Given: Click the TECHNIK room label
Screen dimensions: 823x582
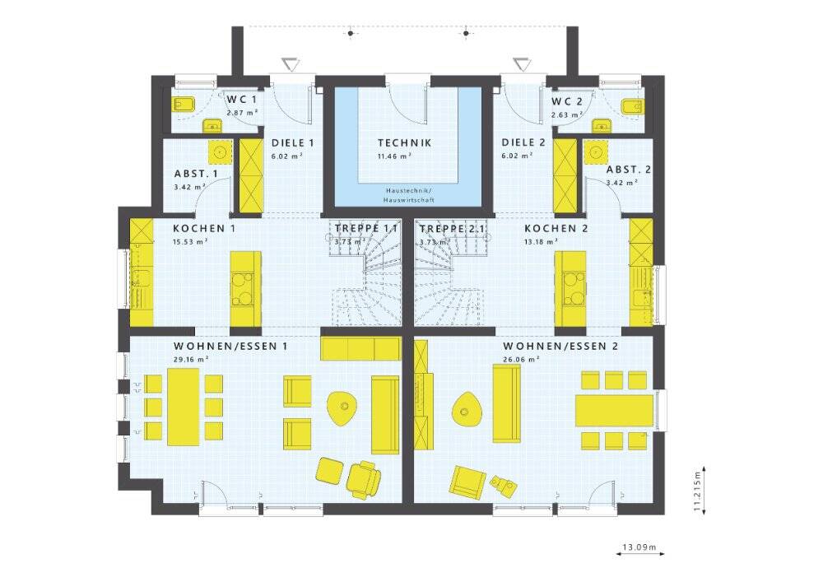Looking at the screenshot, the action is tap(405, 142).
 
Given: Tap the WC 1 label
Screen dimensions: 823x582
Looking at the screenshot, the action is tap(242, 100).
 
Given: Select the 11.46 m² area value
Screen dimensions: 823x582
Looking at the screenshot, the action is tap(393, 156).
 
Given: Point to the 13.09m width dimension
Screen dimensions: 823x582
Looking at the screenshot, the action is tap(639, 547).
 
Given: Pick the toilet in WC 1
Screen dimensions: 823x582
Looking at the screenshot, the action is tap(184, 105).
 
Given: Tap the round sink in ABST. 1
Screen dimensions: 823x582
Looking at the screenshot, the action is tap(221, 152).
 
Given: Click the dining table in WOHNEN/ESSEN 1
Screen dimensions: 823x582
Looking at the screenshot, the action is tap(184, 407).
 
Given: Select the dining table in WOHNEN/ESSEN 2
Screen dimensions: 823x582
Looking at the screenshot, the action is tap(614, 411).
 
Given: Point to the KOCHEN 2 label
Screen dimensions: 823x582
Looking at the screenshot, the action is tap(556, 229).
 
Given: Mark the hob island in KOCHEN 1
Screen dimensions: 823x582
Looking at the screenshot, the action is tap(245, 289).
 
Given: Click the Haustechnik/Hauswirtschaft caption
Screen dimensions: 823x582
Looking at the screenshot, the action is tap(409, 195).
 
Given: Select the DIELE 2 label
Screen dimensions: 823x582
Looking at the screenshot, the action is tap(523, 142).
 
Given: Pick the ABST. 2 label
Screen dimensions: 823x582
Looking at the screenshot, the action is tap(628, 170).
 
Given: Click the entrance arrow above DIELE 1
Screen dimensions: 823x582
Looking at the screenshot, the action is tap(291, 64).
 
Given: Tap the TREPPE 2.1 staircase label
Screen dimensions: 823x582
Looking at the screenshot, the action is tap(453, 229).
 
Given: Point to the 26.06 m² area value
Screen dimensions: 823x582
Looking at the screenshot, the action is tap(521, 360).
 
